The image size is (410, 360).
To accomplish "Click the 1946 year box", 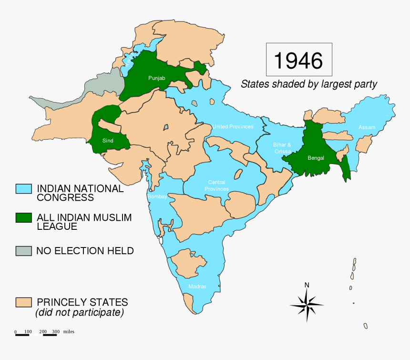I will pyautogui.click(x=298, y=60).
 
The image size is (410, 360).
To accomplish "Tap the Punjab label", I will pyautogui.click(x=156, y=77).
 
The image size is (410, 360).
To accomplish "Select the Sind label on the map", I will pyautogui.click(x=107, y=141).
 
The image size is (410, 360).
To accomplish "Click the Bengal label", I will pyautogui.click(x=316, y=158).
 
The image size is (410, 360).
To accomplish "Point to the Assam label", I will pyautogui.click(x=367, y=127).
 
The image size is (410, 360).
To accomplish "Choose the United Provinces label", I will pyautogui.click(x=233, y=126).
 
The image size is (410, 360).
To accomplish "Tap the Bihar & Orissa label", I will pyautogui.click(x=282, y=148).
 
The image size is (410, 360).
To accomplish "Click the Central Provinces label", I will pyautogui.click(x=216, y=185).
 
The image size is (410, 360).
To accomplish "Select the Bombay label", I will pyautogui.click(x=157, y=196).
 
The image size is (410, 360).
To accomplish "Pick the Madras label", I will pyautogui.click(x=197, y=287).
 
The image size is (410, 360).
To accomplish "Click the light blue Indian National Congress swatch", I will pyautogui.click(x=23, y=189).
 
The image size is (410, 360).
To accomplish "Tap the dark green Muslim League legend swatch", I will pyautogui.click(x=23, y=218).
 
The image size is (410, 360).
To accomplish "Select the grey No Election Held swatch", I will pyautogui.click(x=23, y=250).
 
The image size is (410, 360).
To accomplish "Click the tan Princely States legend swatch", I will pyautogui.click(x=23, y=302).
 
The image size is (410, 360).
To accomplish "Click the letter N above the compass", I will pyautogui.click(x=307, y=285).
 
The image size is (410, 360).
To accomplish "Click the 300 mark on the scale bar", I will pyautogui.click(x=55, y=331).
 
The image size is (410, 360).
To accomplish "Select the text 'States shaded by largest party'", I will pyautogui.click(x=308, y=84).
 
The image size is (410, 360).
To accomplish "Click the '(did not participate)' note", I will pyautogui.click(x=79, y=313).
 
